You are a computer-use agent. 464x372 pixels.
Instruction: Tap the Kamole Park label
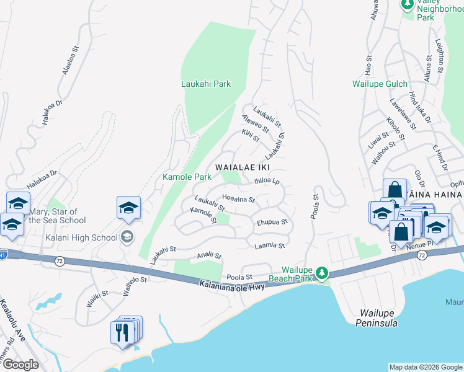click(187, 177)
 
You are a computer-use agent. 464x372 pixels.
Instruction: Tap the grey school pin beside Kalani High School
click(128, 236)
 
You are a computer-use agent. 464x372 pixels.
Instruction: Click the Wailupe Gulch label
click(380, 84)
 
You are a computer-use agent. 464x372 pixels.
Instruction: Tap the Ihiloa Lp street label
click(267, 182)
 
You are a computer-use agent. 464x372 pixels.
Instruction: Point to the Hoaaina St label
click(239, 199)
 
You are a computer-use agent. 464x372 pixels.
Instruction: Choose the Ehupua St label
click(272, 222)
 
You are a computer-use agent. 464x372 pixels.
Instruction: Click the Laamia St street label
click(270, 246)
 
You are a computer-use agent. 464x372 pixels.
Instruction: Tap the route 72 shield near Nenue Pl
click(422, 255)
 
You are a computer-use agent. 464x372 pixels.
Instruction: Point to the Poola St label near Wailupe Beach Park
click(240, 277)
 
